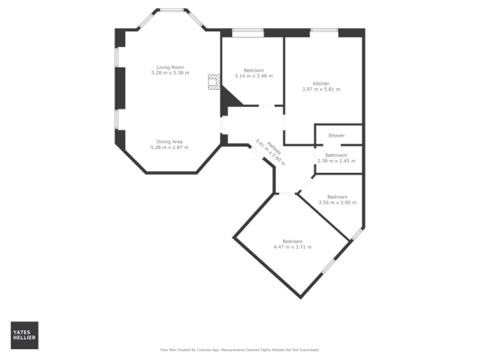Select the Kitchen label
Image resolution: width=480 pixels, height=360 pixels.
click(321, 84)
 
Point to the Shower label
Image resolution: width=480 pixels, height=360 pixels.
click(336, 135)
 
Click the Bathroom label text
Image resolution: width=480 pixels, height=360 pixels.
click(336, 155)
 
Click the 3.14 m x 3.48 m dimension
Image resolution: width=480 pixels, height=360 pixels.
click(253, 76)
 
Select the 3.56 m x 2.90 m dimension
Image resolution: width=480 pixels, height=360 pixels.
click(338, 201)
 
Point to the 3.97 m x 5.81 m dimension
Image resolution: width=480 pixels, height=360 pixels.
click(321, 89)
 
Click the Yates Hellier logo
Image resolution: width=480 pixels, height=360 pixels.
click(24, 334)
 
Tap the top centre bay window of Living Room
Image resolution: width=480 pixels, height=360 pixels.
click(171, 11)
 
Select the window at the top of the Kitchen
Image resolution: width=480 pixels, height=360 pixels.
click(324, 31)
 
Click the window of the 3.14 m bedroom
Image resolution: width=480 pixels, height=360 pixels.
click(248, 32)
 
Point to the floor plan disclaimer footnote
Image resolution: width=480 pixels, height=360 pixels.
click(240, 349)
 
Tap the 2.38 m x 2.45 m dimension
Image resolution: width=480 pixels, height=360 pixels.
click(336, 161)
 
